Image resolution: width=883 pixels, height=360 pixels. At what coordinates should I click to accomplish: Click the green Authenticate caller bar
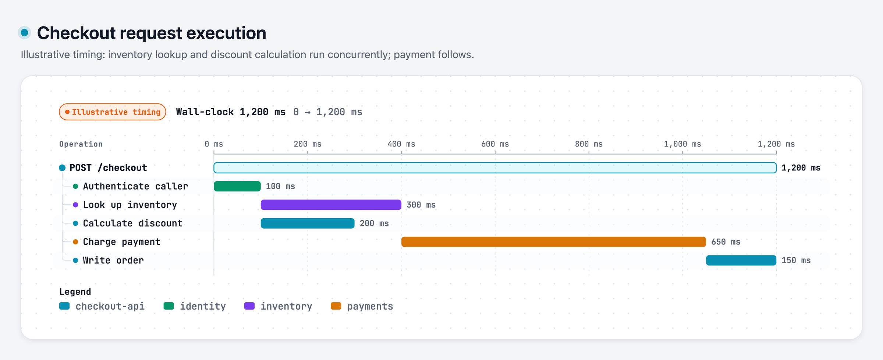pyautogui.click(x=237, y=186)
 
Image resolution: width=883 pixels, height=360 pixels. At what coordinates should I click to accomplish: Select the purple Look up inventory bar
pyautogui.click(x=331, y=205)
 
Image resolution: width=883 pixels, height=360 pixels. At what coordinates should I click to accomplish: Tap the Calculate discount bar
pyautogui.click(x=308, y=223)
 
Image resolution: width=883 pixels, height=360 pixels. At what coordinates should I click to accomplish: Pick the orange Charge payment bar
pyautogui.click(x=554, y=242)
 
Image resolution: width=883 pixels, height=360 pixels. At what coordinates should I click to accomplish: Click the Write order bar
pyautogui.click(x=741, y=260)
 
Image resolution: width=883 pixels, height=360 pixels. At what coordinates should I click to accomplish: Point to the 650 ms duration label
pyautogui.click(x=726, y=242)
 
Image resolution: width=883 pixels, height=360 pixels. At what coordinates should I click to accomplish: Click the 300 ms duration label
pyautogui.click(x=421, y=205)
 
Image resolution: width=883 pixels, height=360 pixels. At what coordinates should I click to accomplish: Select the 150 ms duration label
pyautogui.click(x=796, y=260)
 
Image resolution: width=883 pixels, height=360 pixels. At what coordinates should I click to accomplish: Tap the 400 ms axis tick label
pyautogui.click(x=401, y=144)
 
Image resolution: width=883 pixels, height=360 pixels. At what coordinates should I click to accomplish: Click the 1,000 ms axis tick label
pyautogui.click(x=682, y=144)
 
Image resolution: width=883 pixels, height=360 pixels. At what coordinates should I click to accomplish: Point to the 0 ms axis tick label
pyautogui.click(x=214, y=144)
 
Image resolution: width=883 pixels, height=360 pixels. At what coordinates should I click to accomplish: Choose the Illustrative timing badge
pyautogui.click(x=113, y=112)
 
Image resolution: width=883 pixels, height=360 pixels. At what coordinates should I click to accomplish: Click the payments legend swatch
pyautogui.click(x=336, y=306)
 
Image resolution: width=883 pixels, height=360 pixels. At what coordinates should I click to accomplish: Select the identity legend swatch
pyautogui.click(x=169, y=306)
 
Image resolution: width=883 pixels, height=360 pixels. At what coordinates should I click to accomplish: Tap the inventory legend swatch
pyautogui.click(x=249, y=306)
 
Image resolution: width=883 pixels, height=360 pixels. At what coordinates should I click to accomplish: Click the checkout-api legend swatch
pyautogui.click(x=64, y=306)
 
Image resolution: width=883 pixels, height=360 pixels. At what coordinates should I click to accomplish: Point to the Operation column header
pyautogui.click(x=81, y=144)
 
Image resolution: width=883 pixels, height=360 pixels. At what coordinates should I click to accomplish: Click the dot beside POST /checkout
pyautogui.click(x=62, y=168)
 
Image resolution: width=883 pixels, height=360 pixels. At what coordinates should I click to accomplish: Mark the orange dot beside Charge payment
pyautogui.click(x=75, y=242)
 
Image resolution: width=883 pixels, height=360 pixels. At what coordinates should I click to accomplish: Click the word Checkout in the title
pyautogui.click(x=77, y=33)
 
